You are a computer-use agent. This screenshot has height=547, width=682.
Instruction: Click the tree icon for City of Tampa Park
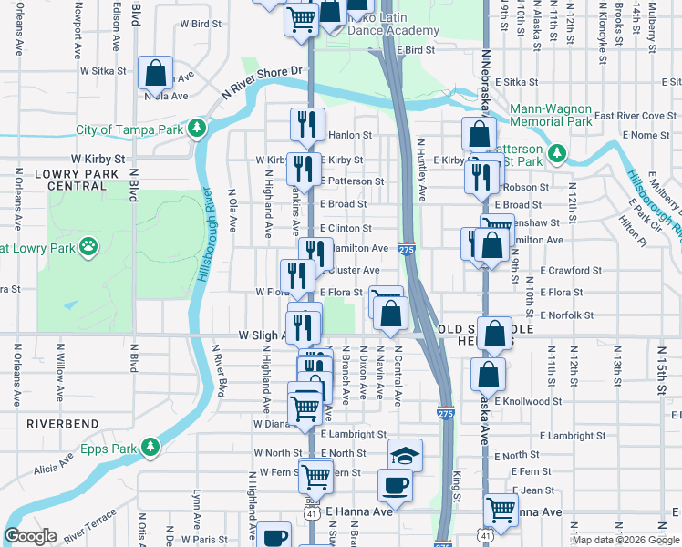point(197,129)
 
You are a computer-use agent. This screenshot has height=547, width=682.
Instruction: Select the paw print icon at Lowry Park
point(88,246)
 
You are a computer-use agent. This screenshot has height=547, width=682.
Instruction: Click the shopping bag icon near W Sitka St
point(156,72)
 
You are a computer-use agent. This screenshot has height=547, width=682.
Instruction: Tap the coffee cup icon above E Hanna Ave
point(395,486)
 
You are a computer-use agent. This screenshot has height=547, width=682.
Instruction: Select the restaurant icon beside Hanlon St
point(307,124)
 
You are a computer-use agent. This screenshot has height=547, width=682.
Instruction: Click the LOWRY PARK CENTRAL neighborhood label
point(71,180)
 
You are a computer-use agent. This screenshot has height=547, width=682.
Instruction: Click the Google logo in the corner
point(30,536)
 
